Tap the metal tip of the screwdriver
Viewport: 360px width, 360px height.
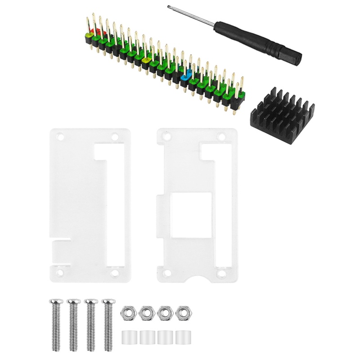click(170, 8)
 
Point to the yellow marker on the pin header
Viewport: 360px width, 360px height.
click(146, 59)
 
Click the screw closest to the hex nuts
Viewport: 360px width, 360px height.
click(108, 324)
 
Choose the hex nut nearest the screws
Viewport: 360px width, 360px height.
click(126, 311)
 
